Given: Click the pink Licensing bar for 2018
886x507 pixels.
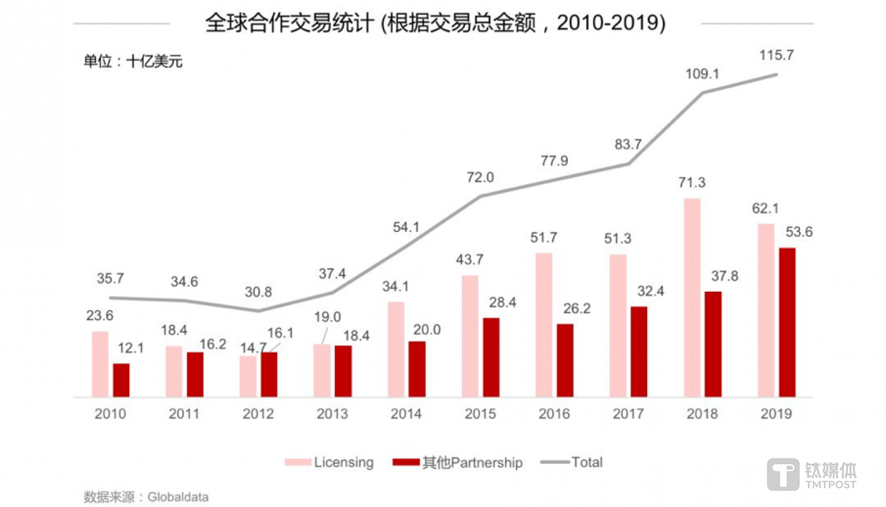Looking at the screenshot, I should click(692, 298).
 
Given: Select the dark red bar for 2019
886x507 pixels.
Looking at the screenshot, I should click(787, 322).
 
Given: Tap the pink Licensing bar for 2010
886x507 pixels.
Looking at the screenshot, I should click(100, 364).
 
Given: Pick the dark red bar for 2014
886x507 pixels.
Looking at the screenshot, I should click(417, 369).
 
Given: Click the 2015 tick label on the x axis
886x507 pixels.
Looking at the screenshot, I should click(481, 414).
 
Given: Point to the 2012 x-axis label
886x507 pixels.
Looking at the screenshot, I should click(258, 414).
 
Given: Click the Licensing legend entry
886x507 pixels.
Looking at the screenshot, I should click(329, 462).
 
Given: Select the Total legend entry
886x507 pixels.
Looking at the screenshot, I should click(572, 462).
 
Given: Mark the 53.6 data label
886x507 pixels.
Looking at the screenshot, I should click(801, 232).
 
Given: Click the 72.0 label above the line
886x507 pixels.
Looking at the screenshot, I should click(480, 177).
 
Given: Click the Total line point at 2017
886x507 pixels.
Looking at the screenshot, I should click(629, 164).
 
